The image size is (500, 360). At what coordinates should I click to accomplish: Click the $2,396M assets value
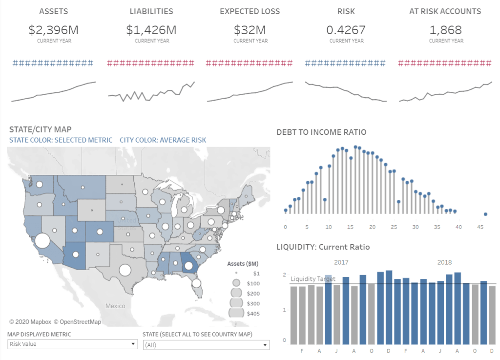point(53,30)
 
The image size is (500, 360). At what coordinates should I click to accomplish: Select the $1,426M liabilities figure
point(151,30)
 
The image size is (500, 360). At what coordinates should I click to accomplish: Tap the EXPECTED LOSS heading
point(250,11)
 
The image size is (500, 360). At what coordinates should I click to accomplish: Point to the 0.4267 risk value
point(346,30)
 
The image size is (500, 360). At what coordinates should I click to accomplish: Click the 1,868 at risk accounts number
point(445,30)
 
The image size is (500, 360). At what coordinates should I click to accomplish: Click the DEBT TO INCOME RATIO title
point(321,132)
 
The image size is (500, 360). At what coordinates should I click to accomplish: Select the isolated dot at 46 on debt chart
point(485,214)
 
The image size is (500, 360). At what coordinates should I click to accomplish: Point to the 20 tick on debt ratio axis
point(372,227)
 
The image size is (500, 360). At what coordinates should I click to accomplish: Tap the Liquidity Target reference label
point(313,279)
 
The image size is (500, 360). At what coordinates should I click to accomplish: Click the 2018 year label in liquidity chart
point(444,262)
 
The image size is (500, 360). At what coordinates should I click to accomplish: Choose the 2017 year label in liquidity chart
point(341,262)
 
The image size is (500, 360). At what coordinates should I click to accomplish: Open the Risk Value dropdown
point(72,344)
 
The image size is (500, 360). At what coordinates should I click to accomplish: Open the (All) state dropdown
point(206,344)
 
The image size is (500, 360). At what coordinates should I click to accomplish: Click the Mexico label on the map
point(115,306)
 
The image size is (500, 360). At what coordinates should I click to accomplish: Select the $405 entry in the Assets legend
point(252,313)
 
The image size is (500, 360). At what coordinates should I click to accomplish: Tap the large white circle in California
point(42,241)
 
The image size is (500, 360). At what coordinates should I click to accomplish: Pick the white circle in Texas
point(125,270)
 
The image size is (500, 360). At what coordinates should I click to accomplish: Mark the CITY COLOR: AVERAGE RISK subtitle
point(163,140)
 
